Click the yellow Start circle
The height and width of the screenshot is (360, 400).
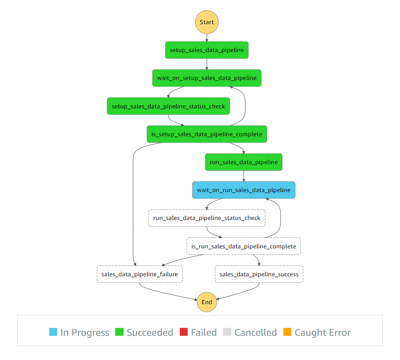pyautogui.click(x=207, y=22)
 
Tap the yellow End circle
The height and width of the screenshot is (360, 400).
pyautogui.click(x=207, y=302)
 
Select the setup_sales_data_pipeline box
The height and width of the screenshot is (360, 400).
pyautogui.click(x=207, y=50)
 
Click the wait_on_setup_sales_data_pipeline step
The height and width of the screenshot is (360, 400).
pyautogui.click(x=207, y=78)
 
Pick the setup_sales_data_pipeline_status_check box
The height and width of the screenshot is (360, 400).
pyautogui.click(x=168, y=106)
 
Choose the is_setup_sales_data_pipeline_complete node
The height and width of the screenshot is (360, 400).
pyautogui.click(x=207, y=134)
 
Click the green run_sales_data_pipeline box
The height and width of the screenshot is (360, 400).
pyautogui.click(x=243, y=162)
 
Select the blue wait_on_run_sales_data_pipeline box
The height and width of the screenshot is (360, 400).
pyautogui.click(x=243, y=190)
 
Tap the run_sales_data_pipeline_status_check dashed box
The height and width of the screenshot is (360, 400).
pyautogui.click(x=207, y=218)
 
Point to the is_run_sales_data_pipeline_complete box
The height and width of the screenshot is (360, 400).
pyautogui.click(x=243, y=246)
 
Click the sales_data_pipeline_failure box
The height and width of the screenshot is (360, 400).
pyautogui.click(x=139, y=274)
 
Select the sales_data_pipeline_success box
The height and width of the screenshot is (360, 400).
pyautogui.click(x=259, y=274)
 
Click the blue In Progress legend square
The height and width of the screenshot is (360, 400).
pyautogui.click(x=53, y=332)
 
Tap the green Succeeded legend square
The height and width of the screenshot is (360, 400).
pyautogui.click(x=119, y=332)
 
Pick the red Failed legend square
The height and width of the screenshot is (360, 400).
pyautogui.click(x=184, y=332)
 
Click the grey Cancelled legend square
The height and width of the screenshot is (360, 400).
pyautogui.click(x=227, y=332)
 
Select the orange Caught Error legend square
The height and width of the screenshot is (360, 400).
pyautogui.click(x=287, y=332)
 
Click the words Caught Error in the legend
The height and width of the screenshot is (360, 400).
pyautogui.click(x=323, y=333)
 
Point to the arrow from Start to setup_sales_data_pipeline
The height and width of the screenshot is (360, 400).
pyautogui.click(x=207, y=38)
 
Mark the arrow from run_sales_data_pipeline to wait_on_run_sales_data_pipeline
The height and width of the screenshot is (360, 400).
pyautogui.click(x=243, y=176)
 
